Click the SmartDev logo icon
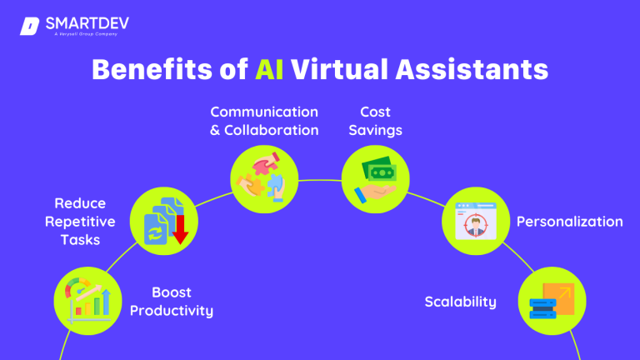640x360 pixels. (29, 26)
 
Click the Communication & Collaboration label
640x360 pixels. (263, 121)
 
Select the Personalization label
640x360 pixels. (570, 222)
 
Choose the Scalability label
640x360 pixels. (460, 302)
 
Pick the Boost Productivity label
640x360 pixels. (182, 302)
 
